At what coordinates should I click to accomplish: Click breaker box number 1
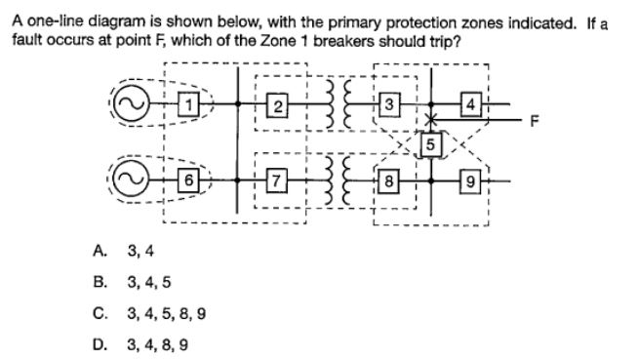[x=192, y=102]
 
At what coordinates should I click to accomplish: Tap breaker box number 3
[x=389, y=104]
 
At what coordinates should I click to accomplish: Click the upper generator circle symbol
[x=127, y=101]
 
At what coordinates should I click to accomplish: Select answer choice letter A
[x=99, y=250]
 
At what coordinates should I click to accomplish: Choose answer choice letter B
[x=99, y=282]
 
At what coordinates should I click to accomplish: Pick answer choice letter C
[x=99, y=313]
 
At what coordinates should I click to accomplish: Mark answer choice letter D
[x=99, y=344]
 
